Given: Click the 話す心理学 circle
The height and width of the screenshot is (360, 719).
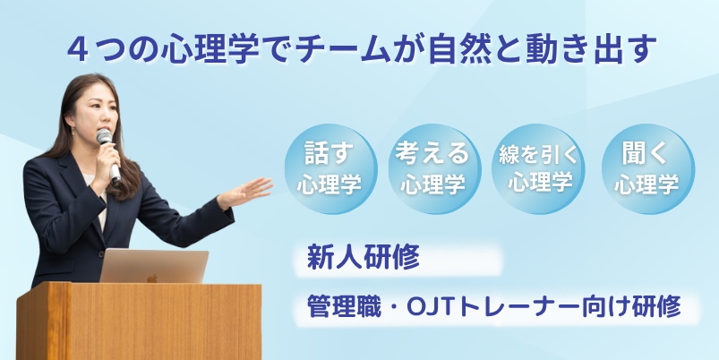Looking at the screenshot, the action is coord(330,168).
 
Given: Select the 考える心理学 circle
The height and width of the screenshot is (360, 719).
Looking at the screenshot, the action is coord(434,168).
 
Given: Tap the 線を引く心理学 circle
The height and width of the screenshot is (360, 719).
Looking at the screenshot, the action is coord(538,168).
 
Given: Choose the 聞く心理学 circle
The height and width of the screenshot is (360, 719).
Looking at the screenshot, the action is coord(648,168).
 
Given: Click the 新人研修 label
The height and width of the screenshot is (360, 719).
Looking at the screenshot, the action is coord(364,258).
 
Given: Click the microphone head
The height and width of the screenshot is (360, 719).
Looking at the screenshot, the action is coord(104,136).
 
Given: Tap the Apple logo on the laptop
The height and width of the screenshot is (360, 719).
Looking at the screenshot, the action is coord(152,278).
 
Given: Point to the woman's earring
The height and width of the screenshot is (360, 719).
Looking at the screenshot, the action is coord(72,132).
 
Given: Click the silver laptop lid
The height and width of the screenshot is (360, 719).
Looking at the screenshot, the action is coord(154,266).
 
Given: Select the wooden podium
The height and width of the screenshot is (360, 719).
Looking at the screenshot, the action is coord(139,321).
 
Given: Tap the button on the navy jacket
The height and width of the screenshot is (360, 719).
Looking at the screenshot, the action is coord(101,253).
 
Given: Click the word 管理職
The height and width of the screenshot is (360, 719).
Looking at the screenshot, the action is coord(344,307).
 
